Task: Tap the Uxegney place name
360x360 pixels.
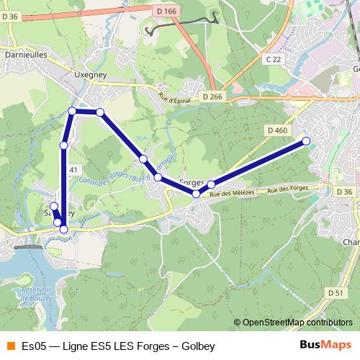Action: [x=91, y=73]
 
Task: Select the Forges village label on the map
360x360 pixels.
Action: [x=192, y=183]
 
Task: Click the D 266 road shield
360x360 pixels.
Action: [x=213, y=96]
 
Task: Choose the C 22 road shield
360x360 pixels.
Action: [x=272, y=60]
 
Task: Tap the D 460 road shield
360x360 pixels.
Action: [x=276, y=130]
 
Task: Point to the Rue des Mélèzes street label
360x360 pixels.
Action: [x=233, y=193]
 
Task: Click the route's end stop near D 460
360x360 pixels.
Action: [x=306, y=141]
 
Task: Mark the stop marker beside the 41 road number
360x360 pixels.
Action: [x=63, y=146]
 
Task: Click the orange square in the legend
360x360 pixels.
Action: [x=10, y=346]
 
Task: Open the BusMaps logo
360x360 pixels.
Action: [x=326, y=346]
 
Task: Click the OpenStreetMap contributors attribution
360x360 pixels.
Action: [x=294, y=322]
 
